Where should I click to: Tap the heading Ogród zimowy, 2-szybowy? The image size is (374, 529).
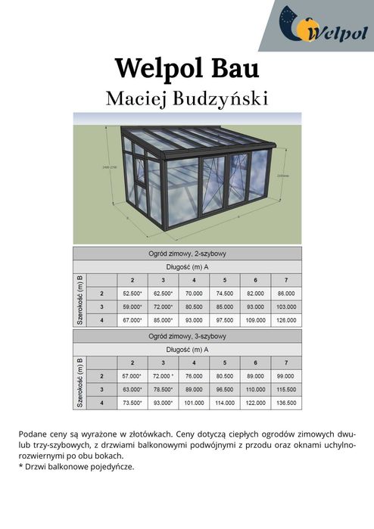tap(187, 254)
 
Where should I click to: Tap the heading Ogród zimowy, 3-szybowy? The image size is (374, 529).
tap(187, 336)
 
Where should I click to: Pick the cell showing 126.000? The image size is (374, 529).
tap(285, 320)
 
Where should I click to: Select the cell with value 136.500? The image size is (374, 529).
tap(285, 403)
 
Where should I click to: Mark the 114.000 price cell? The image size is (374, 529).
tap(224, 403)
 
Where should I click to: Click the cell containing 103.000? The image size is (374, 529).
tap(285, 307)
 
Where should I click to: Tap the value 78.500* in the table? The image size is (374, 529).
tap(163, 389)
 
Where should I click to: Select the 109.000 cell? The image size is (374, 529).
tap(255, 320)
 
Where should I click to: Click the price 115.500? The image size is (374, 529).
tap(285, 389)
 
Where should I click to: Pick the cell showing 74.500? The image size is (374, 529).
tap(224, 293)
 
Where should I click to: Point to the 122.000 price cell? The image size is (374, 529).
tap(255, 403)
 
